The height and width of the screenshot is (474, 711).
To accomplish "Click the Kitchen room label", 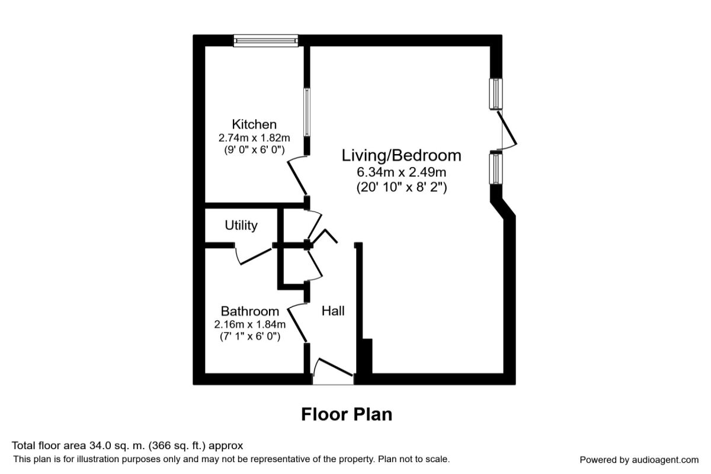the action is (x=254, y=124).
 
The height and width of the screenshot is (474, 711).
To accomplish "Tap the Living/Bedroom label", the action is (x=401, y=156).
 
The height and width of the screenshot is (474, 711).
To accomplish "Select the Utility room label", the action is (x=241, y=225).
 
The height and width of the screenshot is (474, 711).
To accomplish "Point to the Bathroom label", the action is (x=250, y=311).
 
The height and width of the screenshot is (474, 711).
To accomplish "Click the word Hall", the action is (x=333, y=311).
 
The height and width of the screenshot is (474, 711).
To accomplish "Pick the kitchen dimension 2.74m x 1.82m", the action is (x=254, y=138).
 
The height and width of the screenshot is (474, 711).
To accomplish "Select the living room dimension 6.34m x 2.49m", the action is (x=401, y=172).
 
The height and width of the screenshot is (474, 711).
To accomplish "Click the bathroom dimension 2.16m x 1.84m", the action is (x=250, y=324).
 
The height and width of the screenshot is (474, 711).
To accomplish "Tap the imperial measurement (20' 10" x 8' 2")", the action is (x=402, y=187).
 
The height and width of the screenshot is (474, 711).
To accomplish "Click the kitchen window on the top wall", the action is (x=266, y=41).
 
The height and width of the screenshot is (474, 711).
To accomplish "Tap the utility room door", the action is (x=254, y=257).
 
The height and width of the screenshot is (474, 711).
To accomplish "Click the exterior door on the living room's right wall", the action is (x=507, y=130).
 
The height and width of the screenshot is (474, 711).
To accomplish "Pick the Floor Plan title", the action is (x=347, y=415).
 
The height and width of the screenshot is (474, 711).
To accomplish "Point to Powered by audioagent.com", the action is (x=639, y=460).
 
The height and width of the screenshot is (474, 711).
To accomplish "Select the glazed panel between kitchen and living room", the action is (x=307, y=113).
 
